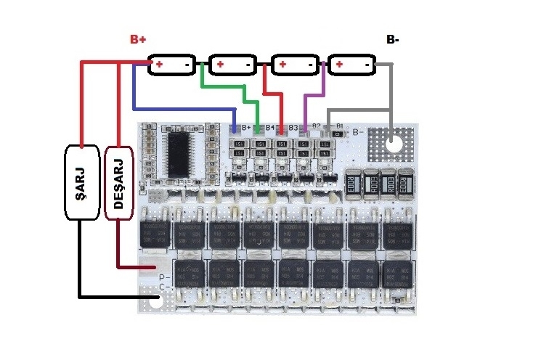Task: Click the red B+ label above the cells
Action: [x=139, y=39]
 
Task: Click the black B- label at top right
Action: [x=392, y=40]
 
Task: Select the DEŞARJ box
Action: [x=119, y=181]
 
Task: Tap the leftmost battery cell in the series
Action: [x=172, y=65]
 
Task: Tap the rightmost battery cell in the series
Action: [x=351, y=65]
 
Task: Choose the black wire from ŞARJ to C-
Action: [x=109, y=296]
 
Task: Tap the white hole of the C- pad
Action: [x=156, y=301]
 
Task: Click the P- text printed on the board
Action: [x=164, y=277]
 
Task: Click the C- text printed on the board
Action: [x=164, y=287]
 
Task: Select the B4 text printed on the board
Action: [x=269, y=128]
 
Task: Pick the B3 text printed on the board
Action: [x=293, y=128]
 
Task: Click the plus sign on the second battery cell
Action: [x=219, y=65]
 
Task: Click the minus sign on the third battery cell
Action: [x=310, y=65]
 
